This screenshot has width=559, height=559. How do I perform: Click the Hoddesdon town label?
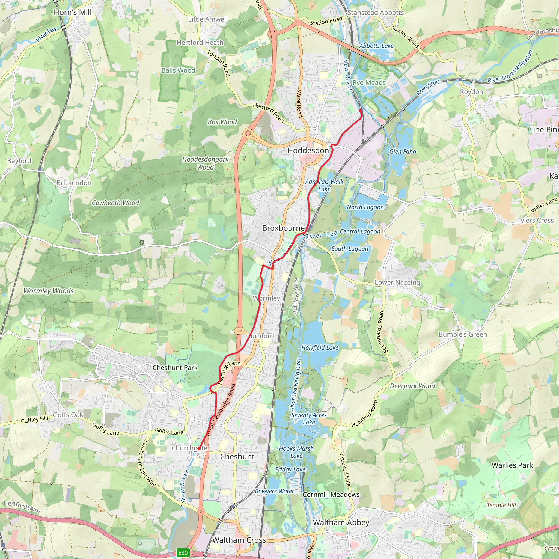click(x=308, y=150)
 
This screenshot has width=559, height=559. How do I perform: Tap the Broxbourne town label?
click(x=283, y=228)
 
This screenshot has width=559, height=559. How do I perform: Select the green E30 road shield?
click(x=183, y=553)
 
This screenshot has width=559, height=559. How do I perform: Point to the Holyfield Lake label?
click(x=320, y=347)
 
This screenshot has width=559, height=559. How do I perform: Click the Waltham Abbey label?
click(x=341, y=522)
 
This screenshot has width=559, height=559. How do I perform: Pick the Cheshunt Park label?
click(x=175, y=367)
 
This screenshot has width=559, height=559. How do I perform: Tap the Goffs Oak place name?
click(x=68, y=415)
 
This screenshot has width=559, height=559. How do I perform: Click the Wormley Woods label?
click(x=49, y=291)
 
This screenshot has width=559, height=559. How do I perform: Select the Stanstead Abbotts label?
click(x=376, y=13)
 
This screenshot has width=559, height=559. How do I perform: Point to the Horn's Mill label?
click(x=73, y=12)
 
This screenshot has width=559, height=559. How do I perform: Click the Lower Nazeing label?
click(x=397, y=283)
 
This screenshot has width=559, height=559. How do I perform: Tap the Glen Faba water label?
click(x=403, y=151)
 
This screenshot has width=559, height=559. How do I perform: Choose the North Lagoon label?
click(x=365, y=207)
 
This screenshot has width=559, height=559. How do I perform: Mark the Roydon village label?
click(x=472, y=92)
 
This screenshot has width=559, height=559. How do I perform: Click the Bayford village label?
click(x=19, y=161)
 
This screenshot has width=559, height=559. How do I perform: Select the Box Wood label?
click(x=222, y=122)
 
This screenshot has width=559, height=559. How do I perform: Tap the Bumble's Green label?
click(x=463, y=334)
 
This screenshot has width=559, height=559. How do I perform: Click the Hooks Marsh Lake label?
click(x=296, y=452)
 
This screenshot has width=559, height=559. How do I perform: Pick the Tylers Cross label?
click(x=535, y=220)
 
